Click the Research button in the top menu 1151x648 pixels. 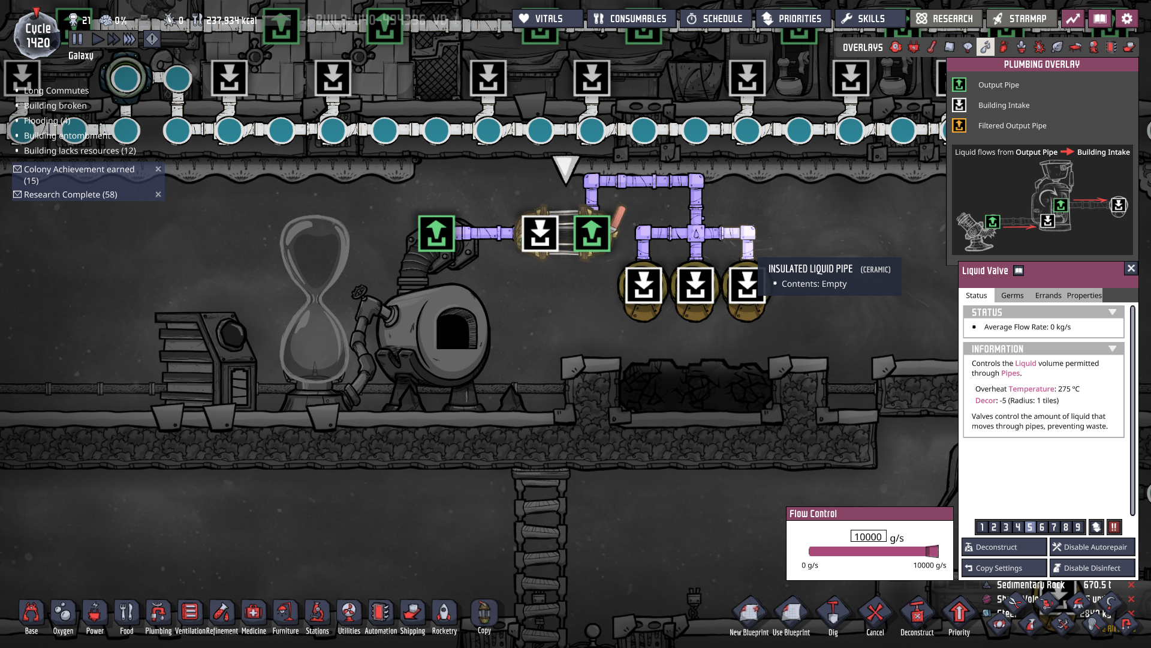point(945,19)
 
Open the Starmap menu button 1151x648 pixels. point(1020,19)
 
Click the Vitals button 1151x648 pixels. point(541,19)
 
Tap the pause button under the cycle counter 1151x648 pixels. point(77,40)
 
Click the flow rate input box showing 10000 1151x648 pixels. point(868,537)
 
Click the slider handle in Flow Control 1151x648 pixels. point(932,551)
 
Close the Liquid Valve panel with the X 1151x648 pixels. point(1131,269)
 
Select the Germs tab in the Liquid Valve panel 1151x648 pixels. point(1012,296)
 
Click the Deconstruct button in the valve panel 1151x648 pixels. point(1004,547)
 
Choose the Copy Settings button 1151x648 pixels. point(1004,568)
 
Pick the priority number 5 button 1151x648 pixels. point(1030,527)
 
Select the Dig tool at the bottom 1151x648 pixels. point(833,614)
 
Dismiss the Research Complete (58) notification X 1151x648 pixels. point(158,194)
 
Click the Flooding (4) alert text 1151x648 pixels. point(47,121)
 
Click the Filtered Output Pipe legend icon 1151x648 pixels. point(959,125)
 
